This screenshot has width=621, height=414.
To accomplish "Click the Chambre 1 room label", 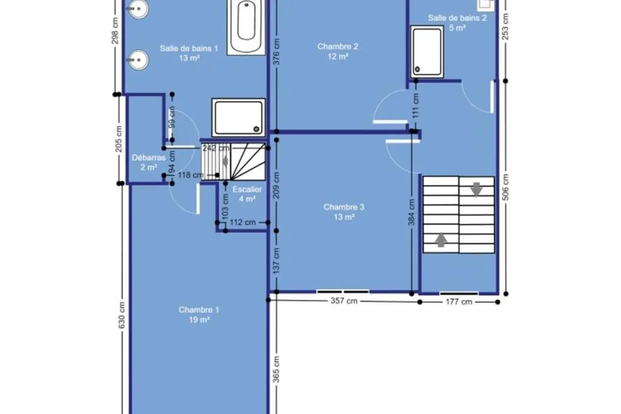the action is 199,310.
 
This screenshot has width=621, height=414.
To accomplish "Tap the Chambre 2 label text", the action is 337,46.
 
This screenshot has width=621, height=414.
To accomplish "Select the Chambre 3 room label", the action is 344,207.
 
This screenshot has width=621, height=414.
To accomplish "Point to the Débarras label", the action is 149,157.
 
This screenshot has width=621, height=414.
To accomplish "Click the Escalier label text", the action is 247,189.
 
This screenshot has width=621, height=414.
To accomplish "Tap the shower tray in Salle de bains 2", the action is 427,52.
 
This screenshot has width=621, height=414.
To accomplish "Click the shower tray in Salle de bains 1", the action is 239,117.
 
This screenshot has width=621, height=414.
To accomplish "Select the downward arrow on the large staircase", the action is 477,189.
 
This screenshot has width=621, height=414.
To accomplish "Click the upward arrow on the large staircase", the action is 441,240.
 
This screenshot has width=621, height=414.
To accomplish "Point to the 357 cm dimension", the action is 344,301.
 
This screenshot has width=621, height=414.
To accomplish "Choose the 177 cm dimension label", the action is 459,302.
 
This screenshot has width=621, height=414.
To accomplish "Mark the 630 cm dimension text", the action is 122,315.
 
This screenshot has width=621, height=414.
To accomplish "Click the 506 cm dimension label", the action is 506,187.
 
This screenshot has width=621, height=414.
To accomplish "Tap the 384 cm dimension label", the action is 411,212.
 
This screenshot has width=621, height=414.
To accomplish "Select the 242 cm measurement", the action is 216,148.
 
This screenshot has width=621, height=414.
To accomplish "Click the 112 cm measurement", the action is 243,223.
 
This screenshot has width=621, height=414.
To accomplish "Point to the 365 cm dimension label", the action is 276,369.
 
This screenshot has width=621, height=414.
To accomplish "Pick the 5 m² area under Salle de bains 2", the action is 457,28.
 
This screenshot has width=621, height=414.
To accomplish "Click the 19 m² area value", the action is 199,320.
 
